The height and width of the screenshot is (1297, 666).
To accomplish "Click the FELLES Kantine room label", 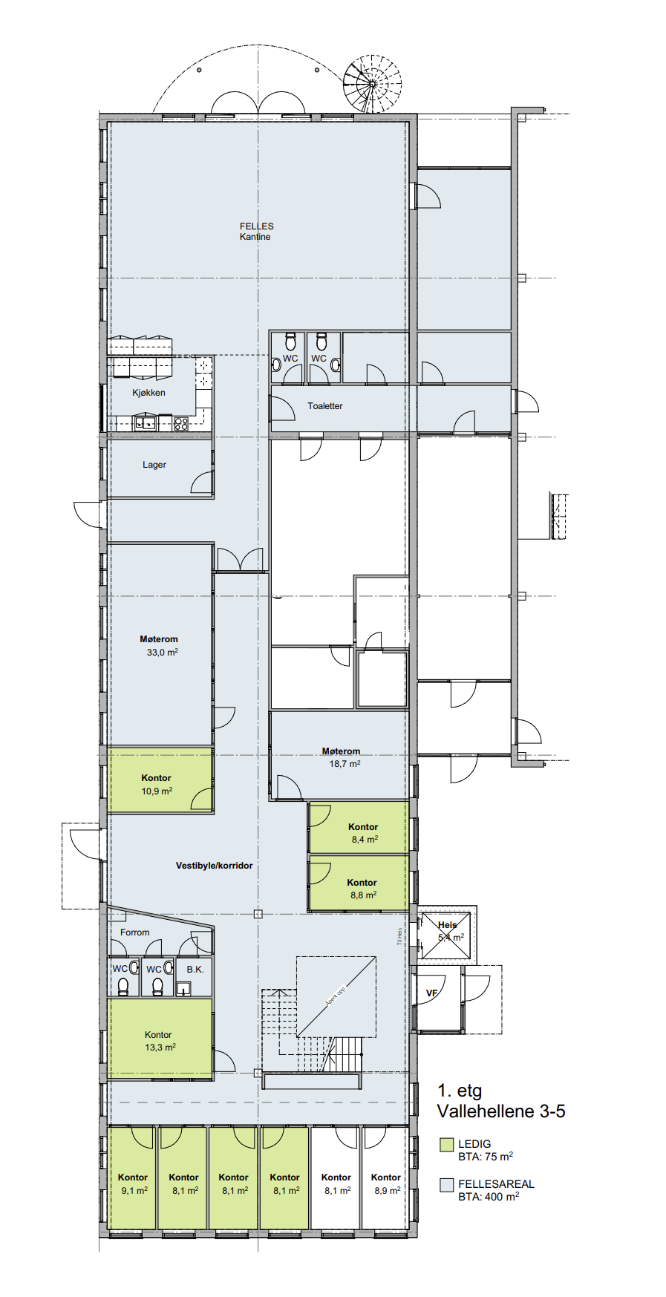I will (x=256, y=231).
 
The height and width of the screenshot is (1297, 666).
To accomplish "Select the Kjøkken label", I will (x=148, y=393).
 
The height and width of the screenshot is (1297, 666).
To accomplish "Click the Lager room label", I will (x=154, y=465).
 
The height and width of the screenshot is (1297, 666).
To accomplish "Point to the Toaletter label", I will (x=325, y=406).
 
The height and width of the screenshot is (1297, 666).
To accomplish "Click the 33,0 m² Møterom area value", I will (x=162, y=653).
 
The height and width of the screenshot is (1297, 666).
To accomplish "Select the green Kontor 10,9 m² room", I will (x=157, y=784).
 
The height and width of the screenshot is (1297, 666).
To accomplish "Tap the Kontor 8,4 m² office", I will (x=362, y=832).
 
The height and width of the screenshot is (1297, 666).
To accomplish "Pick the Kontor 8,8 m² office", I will (x=362, y=888).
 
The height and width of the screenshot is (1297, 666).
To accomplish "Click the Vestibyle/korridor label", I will (x=214, y=866).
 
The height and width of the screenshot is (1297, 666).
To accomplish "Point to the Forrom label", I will (x=134, y=932).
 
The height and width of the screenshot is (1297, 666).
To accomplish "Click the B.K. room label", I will (x=195, y=970).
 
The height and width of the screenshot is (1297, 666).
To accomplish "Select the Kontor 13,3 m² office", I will (x=159, y=1040).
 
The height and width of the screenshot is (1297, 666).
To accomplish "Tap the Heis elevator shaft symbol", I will (x=445, y=935).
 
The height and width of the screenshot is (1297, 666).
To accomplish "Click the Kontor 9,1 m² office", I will (x=133, y=1183).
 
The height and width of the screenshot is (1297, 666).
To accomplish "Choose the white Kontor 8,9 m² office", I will (x=386, y=1183).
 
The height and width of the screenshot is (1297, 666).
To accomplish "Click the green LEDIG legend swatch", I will (x=446, y=1144).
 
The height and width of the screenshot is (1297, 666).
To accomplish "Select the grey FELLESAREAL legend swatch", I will (x=446, y=1184).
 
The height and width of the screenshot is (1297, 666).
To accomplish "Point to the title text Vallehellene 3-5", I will (x=501, y=1111).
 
